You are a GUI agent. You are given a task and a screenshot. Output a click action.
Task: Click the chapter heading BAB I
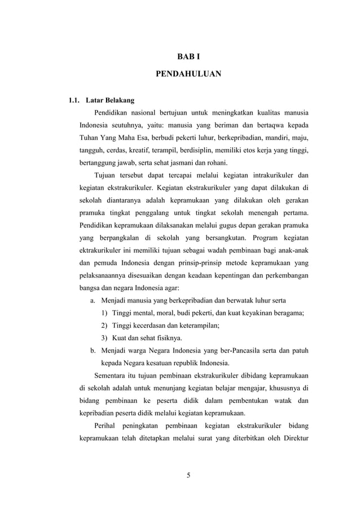(181, 56)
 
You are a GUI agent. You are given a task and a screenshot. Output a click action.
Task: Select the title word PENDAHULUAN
(181, 74)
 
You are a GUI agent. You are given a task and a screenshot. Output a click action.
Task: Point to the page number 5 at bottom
(189, 474)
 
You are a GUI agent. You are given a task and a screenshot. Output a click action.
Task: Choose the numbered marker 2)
(106, 325)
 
